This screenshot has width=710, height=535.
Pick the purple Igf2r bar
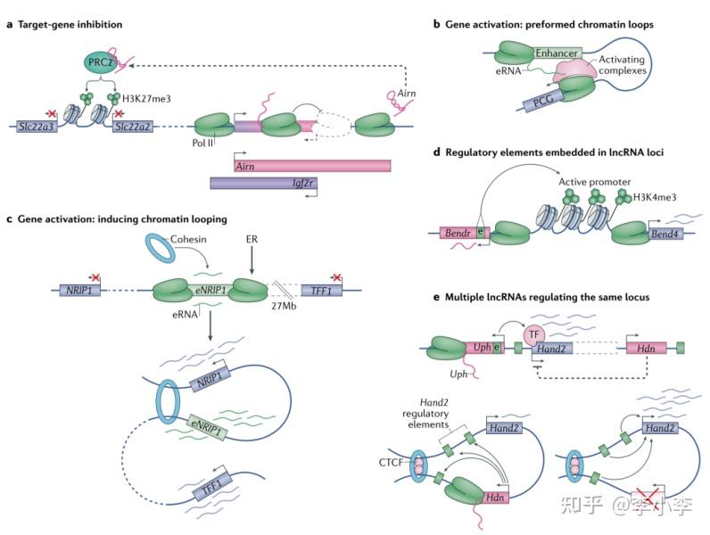pyautogui.click(x=265, y=184)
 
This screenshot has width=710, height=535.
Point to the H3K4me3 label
pyautogui.click(x=656, y=196)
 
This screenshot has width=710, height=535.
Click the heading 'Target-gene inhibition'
pyautogui.click(x=70, y=23)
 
